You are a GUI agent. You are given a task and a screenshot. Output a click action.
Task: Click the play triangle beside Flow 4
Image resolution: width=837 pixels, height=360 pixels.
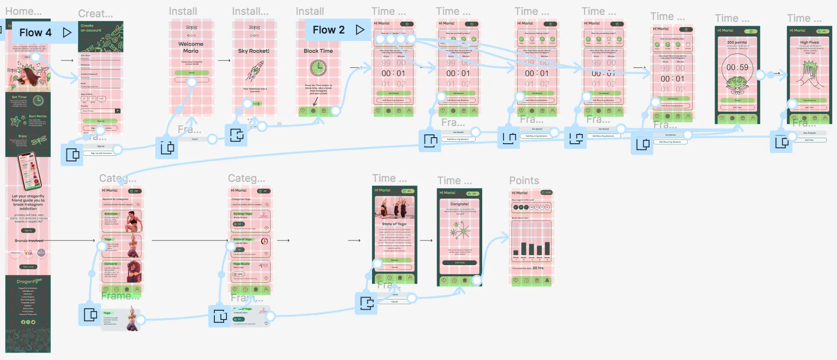[67, 32]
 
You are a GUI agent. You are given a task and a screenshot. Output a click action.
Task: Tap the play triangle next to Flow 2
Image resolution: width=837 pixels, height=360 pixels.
[360, 30]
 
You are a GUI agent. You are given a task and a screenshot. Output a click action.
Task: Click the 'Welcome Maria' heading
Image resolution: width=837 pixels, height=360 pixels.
[191, 47]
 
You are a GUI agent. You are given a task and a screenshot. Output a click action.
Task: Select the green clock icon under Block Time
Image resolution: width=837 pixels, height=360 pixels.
[319, 68]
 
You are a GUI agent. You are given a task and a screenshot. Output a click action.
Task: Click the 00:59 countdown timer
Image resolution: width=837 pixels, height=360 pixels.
[737, 67]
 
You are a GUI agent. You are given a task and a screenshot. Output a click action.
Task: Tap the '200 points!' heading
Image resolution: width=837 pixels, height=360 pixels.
[737, 42]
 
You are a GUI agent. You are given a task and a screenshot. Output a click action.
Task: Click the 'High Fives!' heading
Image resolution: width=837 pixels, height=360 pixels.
[810, 42]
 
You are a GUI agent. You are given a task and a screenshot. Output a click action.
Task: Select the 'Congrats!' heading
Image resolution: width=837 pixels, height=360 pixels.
[459, 204]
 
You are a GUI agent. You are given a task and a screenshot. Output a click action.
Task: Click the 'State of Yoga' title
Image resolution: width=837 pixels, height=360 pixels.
[394, 224]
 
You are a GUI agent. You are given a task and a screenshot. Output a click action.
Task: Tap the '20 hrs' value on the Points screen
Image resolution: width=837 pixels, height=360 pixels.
[538, 268]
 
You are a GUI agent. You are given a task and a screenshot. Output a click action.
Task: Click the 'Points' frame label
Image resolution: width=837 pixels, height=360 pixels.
[524, 180]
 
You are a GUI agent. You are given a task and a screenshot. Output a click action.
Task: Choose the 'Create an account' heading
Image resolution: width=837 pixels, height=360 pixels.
[91, 28]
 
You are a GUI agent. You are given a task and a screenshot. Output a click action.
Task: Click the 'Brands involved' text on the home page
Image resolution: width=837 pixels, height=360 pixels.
[29, 240]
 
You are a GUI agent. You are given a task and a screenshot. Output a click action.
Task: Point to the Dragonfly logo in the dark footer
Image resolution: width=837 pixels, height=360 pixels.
[28, 281]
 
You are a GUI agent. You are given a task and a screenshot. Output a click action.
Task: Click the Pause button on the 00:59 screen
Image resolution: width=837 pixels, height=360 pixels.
[737, 100]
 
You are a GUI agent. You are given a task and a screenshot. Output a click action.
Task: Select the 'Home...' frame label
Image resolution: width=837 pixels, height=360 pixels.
[23, 11]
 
